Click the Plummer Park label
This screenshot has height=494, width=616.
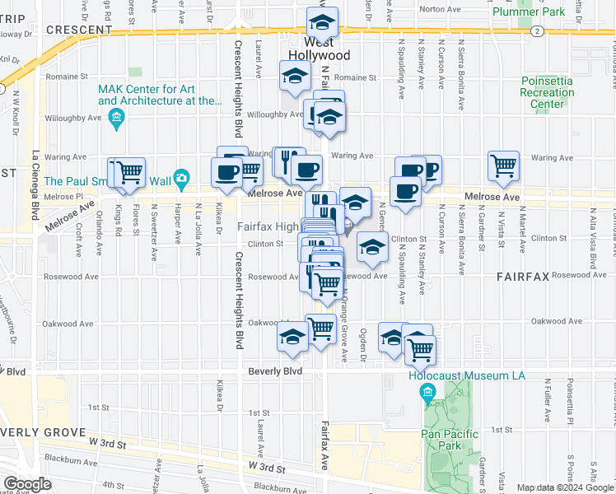pyautogui.click(x=528, y=12)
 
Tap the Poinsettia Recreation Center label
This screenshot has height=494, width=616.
pyautogui.click(x=548, y=92)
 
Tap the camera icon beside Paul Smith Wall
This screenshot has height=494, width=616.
pyautogui.click(x=181, y=178)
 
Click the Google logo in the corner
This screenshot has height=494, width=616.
pyautogui.click(x=26, y=484)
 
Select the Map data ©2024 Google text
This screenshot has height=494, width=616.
pyautogui.click(x=565, y=487)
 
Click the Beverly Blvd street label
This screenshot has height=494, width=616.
pyautogui.click(x=275, y=372)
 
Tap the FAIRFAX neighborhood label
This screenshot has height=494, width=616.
pyautogui.click(x=522, y=279)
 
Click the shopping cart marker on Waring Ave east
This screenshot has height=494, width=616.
pyautogui.click(x=503, y=165)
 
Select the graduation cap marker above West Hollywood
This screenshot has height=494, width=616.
pyautogui.click(x=323, y=23)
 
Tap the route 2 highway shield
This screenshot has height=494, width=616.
pyautogui.click(x=537, y=30)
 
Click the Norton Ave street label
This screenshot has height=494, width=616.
pyautogui.click(x=438, y=10)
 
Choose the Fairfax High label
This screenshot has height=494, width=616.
pyautogui.click(x=268, y=226)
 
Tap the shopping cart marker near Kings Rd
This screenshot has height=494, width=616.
pyautogui.click(x=129, y=172)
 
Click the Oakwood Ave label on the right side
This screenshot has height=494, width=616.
pyautogui.click(x=551, y=321)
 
